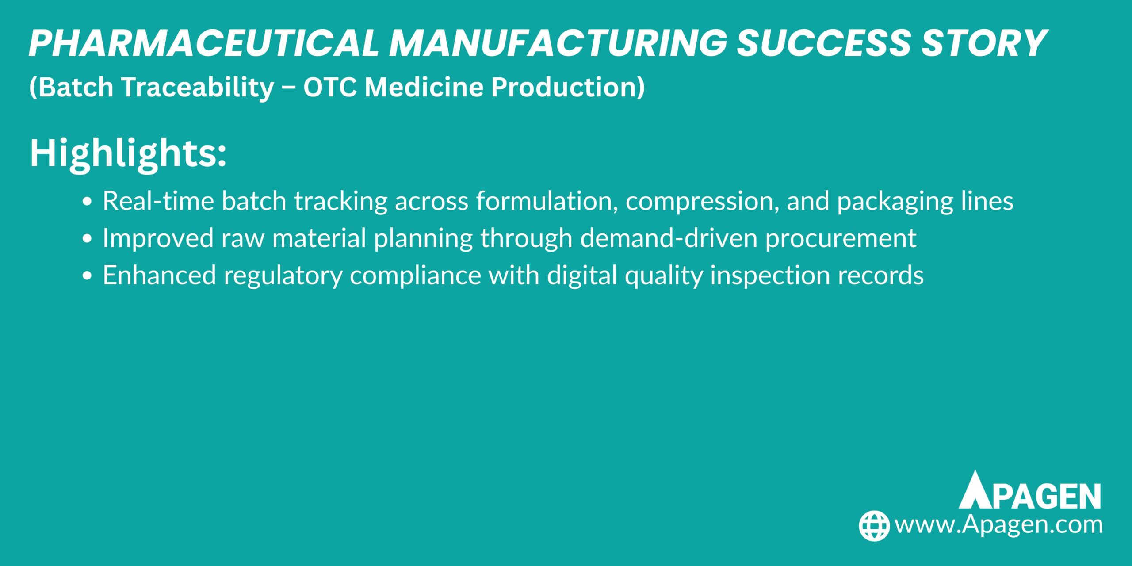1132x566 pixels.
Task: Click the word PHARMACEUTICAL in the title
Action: [204, 43]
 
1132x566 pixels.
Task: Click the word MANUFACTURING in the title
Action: [558, 43]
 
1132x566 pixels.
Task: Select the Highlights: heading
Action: [128, 154]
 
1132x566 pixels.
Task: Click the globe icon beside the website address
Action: [874, 526]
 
